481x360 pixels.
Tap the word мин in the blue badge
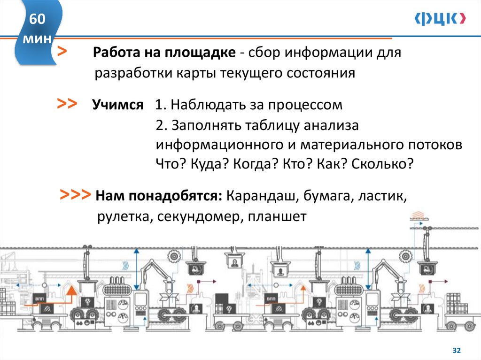[x=38, y=39]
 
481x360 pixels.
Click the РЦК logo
[x=441, y=18]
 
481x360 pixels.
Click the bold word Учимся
[x=118, y=105]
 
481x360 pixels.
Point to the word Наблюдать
[x=209, y=105]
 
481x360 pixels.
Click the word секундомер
[x=199, y=217]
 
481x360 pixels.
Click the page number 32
[x=456, y=350]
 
